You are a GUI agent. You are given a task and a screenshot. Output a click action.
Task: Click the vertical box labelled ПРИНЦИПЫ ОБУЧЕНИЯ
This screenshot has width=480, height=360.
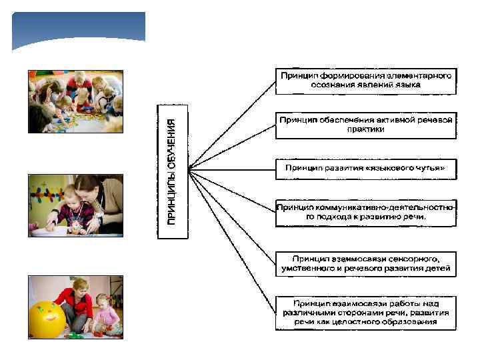point(173,171)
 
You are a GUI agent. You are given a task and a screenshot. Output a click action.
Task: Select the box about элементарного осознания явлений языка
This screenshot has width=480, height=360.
point(366,80)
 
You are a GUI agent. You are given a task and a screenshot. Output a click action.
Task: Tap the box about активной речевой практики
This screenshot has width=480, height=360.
point(366,125)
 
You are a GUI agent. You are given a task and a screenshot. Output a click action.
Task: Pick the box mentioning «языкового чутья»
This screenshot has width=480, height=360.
point(366,168)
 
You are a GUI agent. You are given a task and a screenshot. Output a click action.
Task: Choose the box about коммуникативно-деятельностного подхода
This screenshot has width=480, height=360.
point(366,213)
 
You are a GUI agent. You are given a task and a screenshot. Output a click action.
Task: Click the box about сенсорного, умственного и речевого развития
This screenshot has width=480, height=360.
point(366,263)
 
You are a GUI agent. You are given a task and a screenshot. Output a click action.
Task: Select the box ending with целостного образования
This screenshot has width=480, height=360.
point(366,312)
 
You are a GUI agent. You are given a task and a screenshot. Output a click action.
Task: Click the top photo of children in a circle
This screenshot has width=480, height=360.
point(75,101)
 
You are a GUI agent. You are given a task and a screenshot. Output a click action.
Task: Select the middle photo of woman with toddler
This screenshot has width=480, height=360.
point(75,205)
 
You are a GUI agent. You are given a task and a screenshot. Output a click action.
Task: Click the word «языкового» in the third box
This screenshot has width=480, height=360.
point(389,168)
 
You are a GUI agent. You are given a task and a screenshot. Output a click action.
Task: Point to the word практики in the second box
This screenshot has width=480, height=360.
point(366,130)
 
